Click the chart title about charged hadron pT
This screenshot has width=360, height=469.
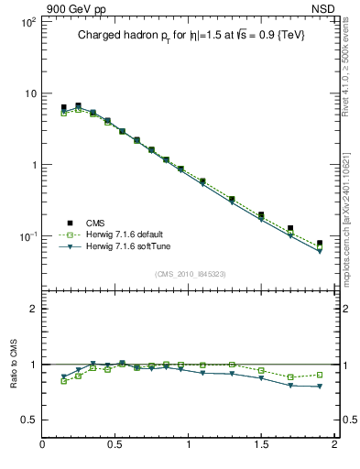[191, 35]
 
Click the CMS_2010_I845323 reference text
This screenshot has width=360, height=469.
[189, 273]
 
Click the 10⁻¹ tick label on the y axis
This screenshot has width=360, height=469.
[27, 236]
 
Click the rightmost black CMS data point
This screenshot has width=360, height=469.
[320, 244]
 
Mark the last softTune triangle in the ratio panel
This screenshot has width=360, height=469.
[320, 387]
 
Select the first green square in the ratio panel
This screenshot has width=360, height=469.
[64, 381]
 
